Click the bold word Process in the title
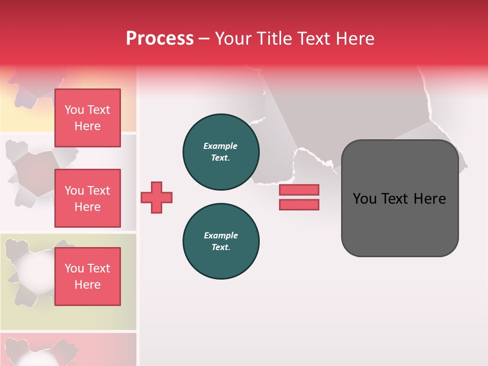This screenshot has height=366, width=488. [x=160, y=39]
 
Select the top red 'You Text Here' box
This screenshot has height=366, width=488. [x=87, y=118]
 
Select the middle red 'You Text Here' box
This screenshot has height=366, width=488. [x=87, y=198]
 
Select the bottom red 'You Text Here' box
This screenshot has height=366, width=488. [x=87, y=277]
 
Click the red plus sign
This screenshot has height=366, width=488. [x=157, y=197]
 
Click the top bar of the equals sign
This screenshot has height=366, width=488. [x=299, y=190]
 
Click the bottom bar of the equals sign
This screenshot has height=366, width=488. [x=299, y=205]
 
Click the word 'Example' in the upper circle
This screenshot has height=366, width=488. [x=220, y=146]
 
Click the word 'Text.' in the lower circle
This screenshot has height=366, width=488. [x=220, y=247]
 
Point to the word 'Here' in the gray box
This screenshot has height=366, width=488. [x=430, y=199]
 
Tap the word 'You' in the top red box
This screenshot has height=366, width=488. [x=74, y=110]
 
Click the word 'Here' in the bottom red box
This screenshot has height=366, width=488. [x=87, y=285]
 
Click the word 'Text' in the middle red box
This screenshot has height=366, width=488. [x=99, y=191]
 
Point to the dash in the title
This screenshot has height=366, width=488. [x=204, y=39]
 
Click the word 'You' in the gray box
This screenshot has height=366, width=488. [x=364, y=199]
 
